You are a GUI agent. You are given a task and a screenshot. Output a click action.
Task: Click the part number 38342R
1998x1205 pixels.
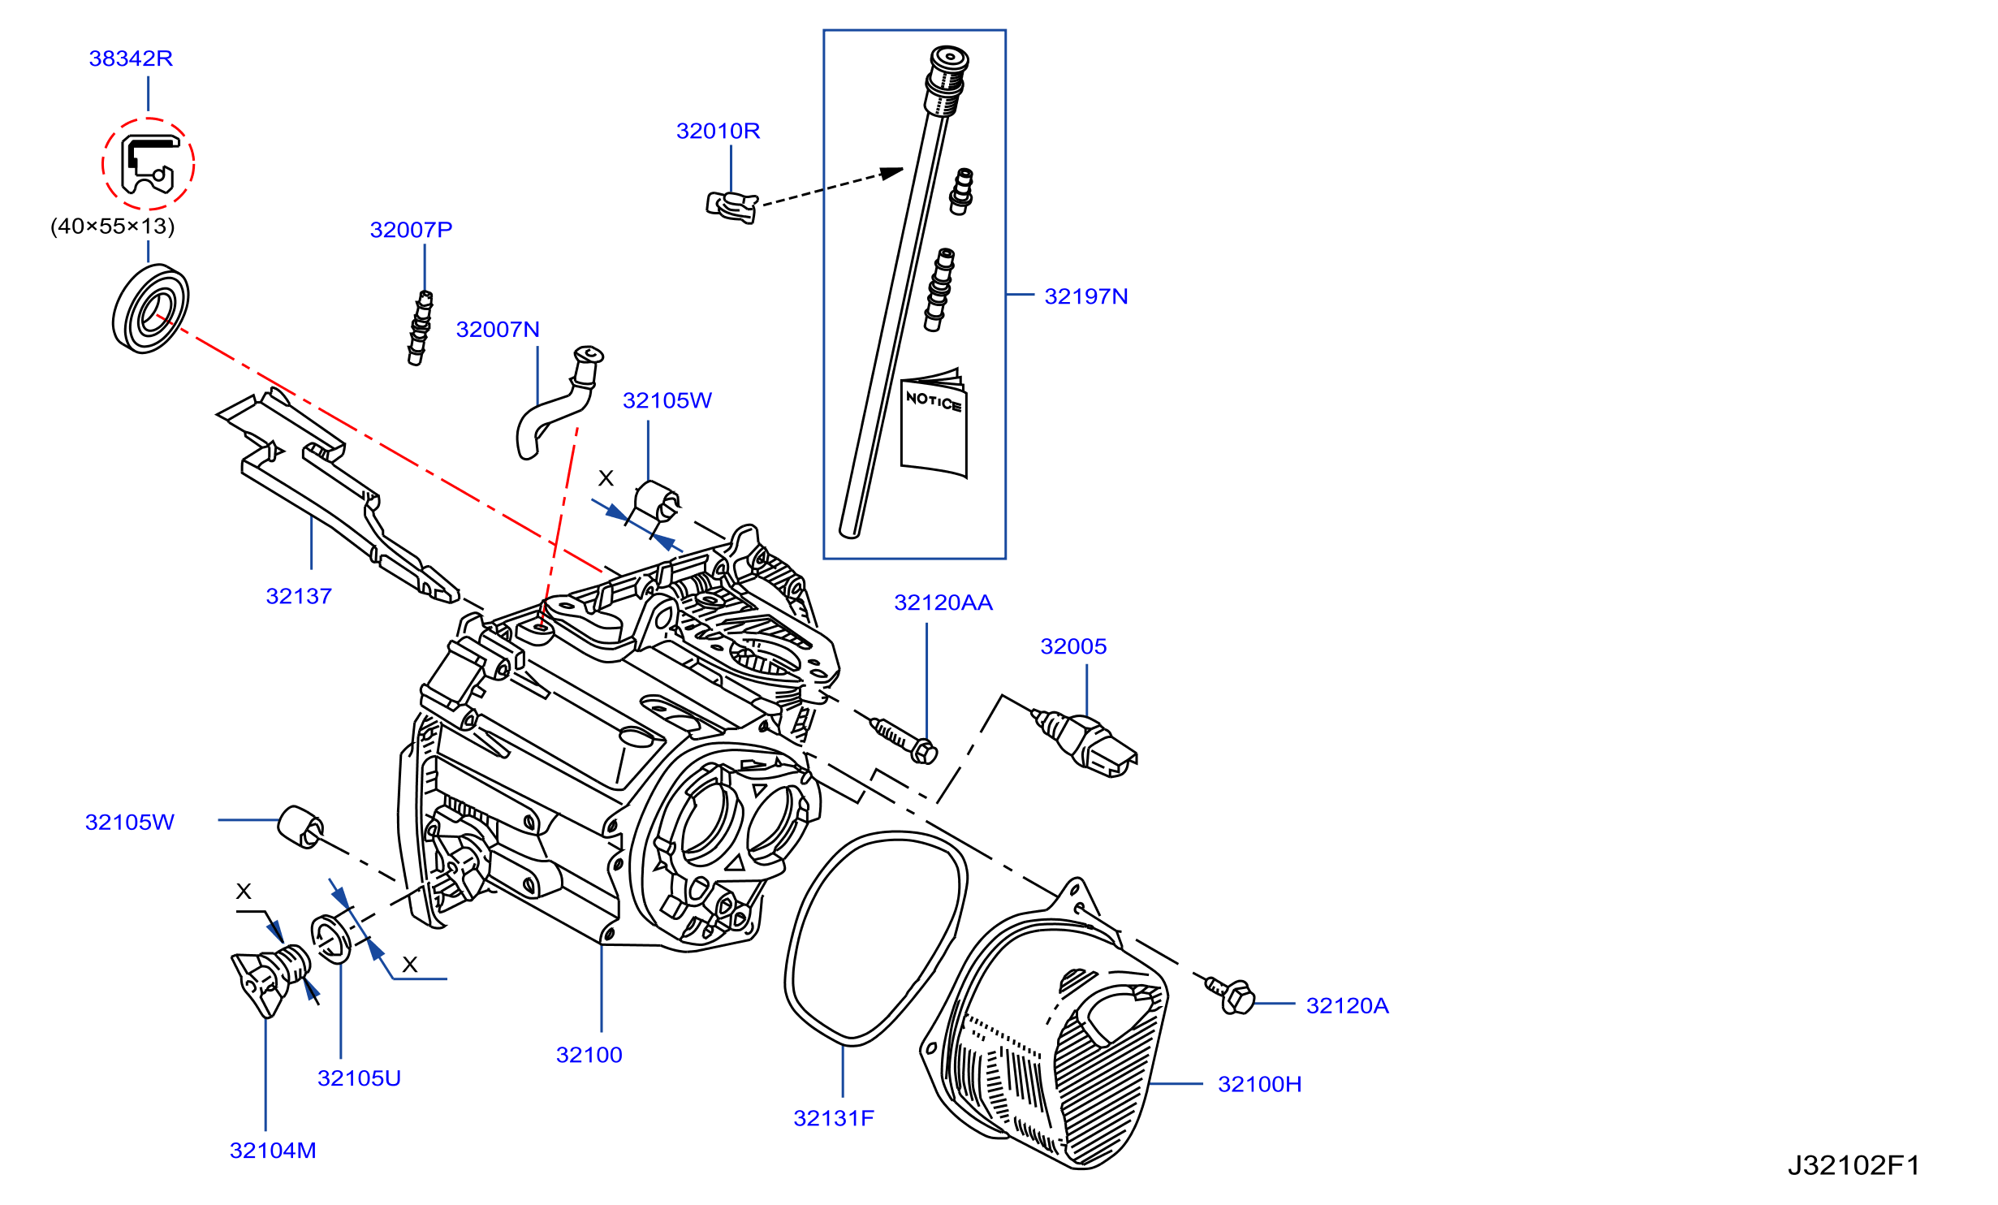[131, 58]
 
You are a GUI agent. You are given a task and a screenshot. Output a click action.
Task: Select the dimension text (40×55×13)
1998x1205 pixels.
[113, 226]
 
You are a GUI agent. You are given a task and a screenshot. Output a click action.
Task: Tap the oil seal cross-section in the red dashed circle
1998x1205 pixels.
[149, 165]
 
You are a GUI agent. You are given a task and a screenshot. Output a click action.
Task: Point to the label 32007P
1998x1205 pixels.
[411, 230]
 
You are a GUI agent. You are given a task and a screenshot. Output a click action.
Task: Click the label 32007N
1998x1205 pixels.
[498, 330]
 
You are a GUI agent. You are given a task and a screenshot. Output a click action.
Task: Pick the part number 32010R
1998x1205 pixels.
[718, 131]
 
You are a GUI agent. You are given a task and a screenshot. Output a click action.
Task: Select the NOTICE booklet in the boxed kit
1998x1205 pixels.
[934, 423]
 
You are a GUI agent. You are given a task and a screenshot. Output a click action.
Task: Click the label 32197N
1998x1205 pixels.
[1086, 296]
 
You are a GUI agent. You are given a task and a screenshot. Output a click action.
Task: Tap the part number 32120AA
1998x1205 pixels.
[943, 602]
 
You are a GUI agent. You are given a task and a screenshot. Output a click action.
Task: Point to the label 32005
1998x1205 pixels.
[1073, 646]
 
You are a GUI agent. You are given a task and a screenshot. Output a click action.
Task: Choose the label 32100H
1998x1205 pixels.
[1259, 1084]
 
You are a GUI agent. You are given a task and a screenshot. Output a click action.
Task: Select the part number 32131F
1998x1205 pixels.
[834, 1118]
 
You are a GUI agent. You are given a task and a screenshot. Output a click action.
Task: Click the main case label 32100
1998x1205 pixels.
[589, 1055]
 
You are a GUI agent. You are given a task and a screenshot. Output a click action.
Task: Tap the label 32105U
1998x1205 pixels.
[359, 1078]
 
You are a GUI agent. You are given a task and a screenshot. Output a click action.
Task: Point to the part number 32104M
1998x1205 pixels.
[273, 1151]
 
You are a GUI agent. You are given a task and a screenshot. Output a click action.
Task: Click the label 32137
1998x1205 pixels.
[299, 596]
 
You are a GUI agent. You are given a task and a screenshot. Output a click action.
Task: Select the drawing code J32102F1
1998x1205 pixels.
[1853, 1166]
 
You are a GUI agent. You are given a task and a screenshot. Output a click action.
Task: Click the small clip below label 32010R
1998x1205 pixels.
[731, 207]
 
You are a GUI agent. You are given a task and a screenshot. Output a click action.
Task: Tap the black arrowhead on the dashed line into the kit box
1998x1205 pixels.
[892, 173]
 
